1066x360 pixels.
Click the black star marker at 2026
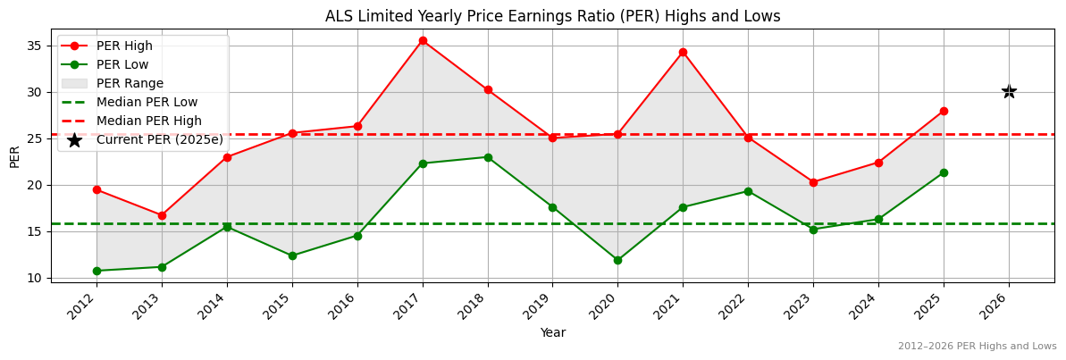pyautogui.click(x=1009, y=91)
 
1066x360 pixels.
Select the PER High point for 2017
pyautogui.click(x=423, y=40)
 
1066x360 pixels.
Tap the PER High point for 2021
pyautogui.click(x=683, y=52)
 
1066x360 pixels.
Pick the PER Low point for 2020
pyautogui.click(x=617, y=260)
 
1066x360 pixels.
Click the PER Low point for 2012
pyautogui.click(x=97, y=271)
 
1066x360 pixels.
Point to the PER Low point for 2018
pyautogui.click(x=488, y=157)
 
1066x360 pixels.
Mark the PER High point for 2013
pyautogui.click(x=162, y=215)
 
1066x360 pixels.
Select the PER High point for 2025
pyautogui.click(x=944, y=111)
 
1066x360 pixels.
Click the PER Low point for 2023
pyautogui.click(x=813, y=230)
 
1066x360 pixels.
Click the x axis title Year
pyautogui.click(x=552, y=332)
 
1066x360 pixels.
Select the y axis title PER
pyautogui.click(x=14, y=155)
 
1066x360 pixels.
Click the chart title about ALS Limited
pyautogui.click(x=552, y=16)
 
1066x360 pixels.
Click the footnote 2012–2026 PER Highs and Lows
pyautogui.click(x=977, y=347)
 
